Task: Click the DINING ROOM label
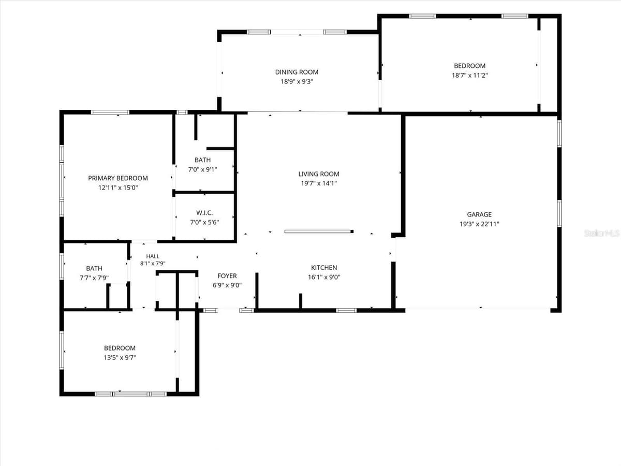coord(297,72)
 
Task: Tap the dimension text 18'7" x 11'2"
coord(470,75)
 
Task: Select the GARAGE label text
coord(479,214)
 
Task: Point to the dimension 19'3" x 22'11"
coord(479,224)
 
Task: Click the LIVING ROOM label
coord(319,174)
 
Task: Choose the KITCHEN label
coord(324,268)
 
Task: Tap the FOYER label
coord(227,276)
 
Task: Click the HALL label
coord(153,256)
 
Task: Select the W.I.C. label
coord(204,213)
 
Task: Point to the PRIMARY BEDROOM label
coord(118,178)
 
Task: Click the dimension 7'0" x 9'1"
coord(202,169)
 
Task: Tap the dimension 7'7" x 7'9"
coord(94,278)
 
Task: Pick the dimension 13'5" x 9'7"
coord(120,358)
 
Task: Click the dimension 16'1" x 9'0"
coord(324,277)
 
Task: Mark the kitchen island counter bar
coord(319,231)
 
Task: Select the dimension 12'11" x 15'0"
coord(118,187)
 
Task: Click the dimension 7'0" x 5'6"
coord(204,223)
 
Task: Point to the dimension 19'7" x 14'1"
coord(319,183)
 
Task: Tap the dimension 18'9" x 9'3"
coord(297,82)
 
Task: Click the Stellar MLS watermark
coord(601,233)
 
